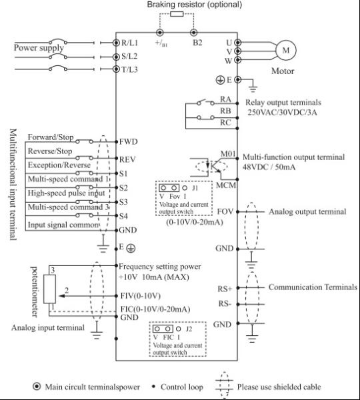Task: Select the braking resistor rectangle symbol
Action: (177, 14)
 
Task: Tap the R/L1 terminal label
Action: (129, 43)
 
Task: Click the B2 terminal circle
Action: (193, 33)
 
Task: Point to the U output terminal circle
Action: (237, 43)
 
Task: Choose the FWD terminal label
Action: (129, 141)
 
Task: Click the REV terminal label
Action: (127, 159)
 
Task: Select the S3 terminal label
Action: (123, 202)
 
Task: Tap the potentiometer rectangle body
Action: (49, 289)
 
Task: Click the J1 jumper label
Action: (195, 188)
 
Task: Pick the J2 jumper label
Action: (189, 329)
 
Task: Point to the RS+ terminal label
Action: (225, 289)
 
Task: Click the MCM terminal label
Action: (226, 185)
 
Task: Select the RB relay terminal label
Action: (225, 111)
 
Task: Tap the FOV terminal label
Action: (225, 211)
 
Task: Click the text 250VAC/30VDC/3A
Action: (282, 112)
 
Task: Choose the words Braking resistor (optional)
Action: (195, 5)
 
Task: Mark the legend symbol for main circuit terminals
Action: (37, 387)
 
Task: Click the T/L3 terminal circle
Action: (116, 69)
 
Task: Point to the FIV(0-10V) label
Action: (140, 296)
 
